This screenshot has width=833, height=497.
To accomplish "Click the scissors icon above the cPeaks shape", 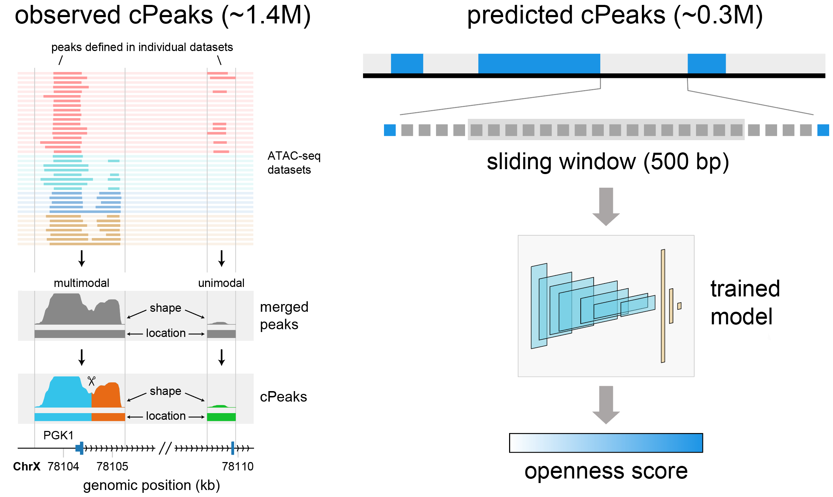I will [x=92, y=381].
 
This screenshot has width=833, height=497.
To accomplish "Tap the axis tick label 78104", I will [x=63, y=466].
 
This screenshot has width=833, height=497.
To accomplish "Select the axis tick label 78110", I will [x=238, y=466].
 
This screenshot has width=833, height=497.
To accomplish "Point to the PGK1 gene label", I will [x=58, y=435].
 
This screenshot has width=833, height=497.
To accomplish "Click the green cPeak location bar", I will [x=221, y=417].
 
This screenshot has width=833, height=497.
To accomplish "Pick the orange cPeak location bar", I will [x=108, y=417].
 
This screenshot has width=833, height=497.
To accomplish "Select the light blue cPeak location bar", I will [x=63, y=417].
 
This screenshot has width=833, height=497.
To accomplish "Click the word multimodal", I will [x=81, y=283].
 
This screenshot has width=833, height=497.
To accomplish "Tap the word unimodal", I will [x=221, y=283].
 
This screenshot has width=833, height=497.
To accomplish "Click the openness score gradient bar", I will [x=606, y=443].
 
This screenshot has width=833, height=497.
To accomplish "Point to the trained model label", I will [x=745, y=303].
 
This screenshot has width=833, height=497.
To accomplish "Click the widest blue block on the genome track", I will [x=539, y=64].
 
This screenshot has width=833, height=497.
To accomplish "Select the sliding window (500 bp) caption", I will [x=608, y=162].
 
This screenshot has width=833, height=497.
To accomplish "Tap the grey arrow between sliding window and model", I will [x=606, y=206].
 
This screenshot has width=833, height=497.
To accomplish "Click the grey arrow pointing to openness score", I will [x=606, y=404].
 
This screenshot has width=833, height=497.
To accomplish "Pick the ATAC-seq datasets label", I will [x=294, y=163].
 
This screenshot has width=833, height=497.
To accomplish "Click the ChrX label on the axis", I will [x=27, y=466].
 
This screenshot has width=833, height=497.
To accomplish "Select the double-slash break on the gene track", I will [x=165, y=448].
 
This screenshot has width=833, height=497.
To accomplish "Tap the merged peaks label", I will [x=284, y=316].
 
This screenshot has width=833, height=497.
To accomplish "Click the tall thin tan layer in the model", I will [x=662, y=306].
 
